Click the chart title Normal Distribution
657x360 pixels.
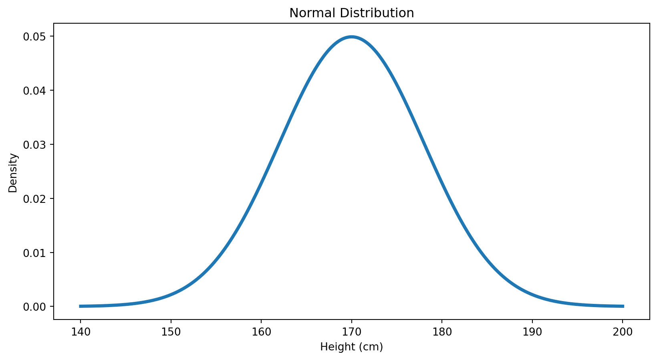(351, 13)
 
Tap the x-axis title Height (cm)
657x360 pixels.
(351, 347)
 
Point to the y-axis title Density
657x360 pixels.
(13, 172)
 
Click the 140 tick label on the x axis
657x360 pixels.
(81, 331)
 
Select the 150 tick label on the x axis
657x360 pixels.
(171, 331)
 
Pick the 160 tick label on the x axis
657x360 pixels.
(261, 331)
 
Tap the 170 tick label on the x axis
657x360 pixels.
(351, 331)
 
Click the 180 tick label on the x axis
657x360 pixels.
(442, 331)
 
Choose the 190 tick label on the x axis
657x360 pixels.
(532, 331)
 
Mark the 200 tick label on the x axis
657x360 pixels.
(623, 331)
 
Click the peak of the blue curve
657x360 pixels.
(351, 37)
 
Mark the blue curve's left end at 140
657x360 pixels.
(81, 306)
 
